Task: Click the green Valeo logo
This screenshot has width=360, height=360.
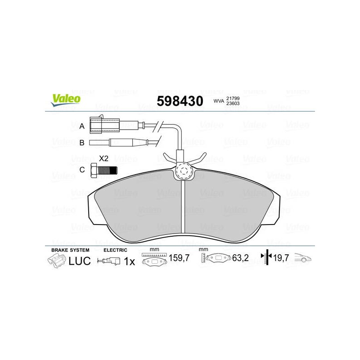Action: coord(66,100)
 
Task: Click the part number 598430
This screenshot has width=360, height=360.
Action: coord(180,101)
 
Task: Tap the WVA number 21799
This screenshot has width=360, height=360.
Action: coord(233,98)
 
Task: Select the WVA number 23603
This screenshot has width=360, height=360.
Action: coord(233,103)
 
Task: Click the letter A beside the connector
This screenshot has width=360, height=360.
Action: coord(82,126)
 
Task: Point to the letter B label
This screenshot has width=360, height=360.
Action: coord(82,143)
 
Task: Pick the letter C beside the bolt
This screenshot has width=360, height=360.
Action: coord(82,170)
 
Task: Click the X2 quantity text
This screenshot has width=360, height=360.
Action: coord(103,158)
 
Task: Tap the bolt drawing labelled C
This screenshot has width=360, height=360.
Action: coord(104,171)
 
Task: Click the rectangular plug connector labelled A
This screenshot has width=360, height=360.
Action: coord(104,125)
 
